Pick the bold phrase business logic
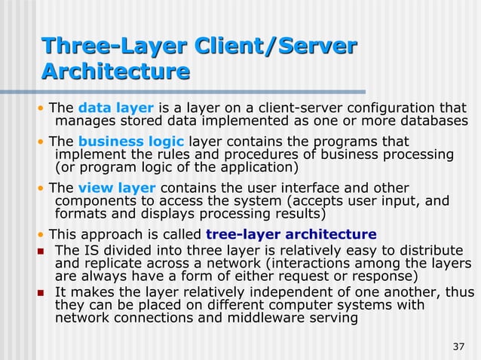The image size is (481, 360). pyautogui.click(x=131, y=142)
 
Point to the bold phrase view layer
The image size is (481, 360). pyautogui.click(x=117, y=188)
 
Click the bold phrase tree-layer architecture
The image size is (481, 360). pyautogui.click(x=291, y=233)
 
